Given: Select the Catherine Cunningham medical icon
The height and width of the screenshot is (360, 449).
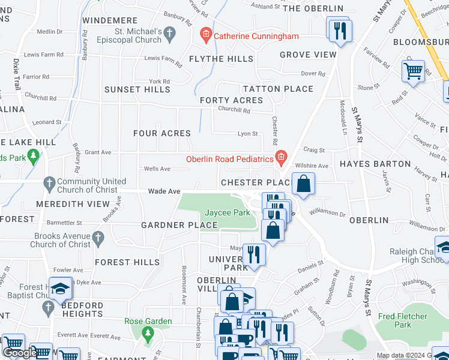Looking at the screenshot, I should point(206,36).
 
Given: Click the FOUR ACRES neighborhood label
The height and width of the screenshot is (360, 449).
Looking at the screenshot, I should point(161,133).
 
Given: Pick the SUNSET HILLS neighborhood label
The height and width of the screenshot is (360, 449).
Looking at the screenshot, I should point(137,89).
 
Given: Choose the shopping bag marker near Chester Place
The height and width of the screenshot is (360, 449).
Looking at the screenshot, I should point(304,183).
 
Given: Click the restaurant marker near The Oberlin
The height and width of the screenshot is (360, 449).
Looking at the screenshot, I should point(340,30).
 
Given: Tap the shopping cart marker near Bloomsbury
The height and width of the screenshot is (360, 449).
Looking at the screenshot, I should point(413,71).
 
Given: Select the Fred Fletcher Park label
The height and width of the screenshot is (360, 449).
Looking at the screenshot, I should point(403,320).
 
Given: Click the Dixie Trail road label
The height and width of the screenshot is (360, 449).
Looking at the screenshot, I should point(16,74).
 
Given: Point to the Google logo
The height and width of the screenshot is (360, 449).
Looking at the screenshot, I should point(19,353).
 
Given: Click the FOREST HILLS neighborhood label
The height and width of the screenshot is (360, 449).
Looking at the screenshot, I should point(127,262).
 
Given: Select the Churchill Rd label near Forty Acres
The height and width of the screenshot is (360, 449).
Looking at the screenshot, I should point(234,110).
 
